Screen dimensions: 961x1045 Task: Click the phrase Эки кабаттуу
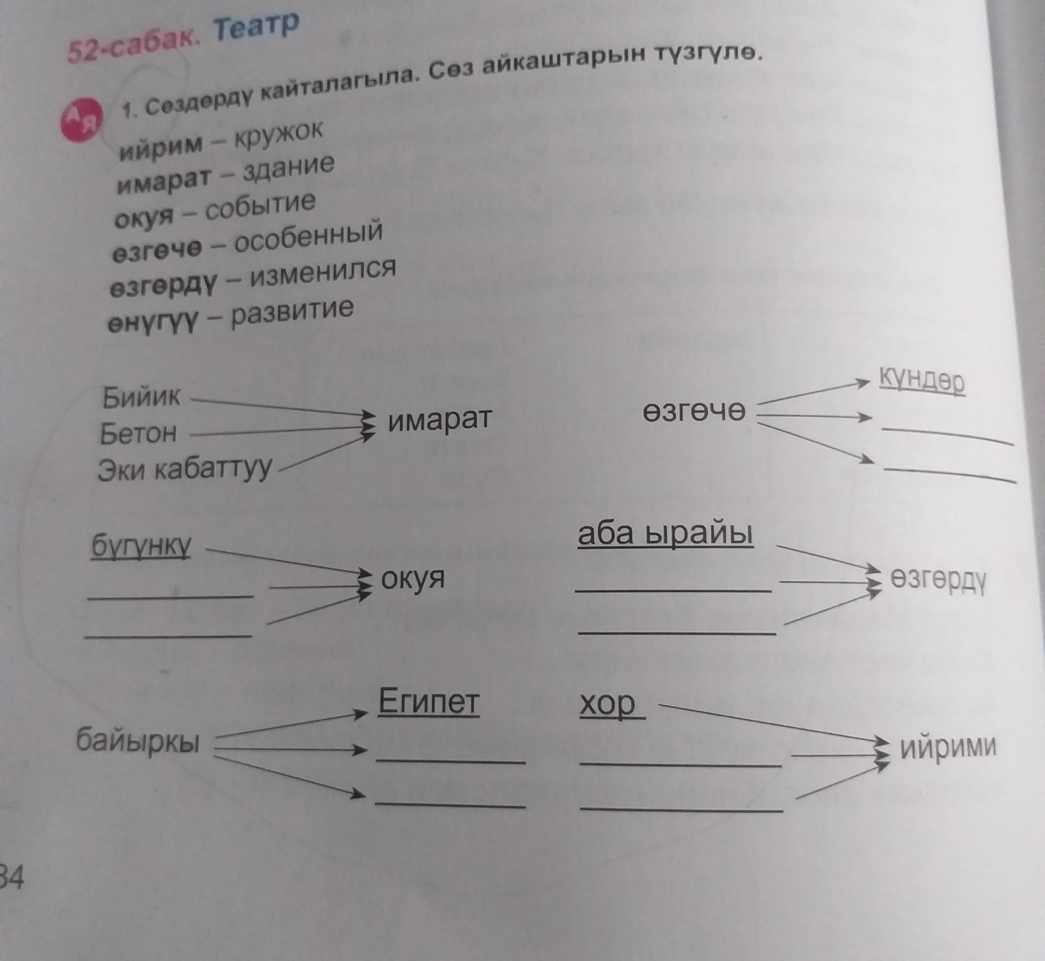185,469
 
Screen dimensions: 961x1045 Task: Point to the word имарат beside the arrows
439,420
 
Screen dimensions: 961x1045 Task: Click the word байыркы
138,741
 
